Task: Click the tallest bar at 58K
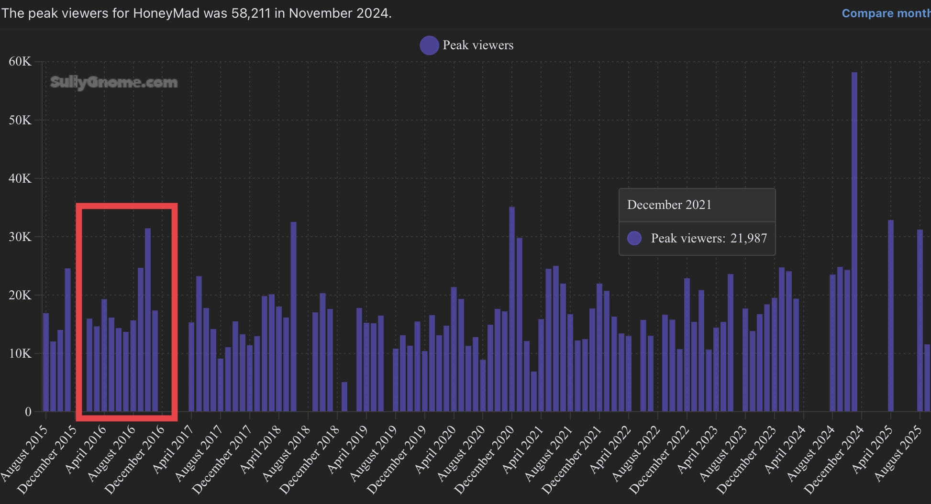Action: point(854,239)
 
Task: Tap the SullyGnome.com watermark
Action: point(114,82)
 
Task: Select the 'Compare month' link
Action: point(886,13)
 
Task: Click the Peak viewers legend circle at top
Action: point(429,45)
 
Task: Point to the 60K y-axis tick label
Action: point(20,61)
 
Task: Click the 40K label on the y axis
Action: point(20,178)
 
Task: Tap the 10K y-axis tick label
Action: point(20,353)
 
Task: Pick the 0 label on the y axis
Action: point(28,412)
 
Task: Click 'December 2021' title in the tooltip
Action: point(669,205)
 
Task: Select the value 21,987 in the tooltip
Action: point(748,238)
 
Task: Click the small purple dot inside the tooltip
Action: point(634,238)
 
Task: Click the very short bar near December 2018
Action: point(344,397)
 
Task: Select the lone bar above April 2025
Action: point(891,316)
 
